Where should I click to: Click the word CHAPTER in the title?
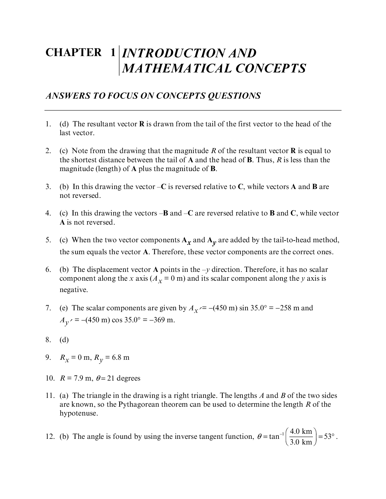[x=74, y=53]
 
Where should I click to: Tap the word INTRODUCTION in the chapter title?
[x=172, y=53]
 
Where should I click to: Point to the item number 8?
[x=48, y=340]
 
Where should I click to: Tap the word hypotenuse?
[x=79, y=413]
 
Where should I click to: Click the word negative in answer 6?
[x=73, y=290]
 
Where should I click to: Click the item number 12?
[x=50, y=437]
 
